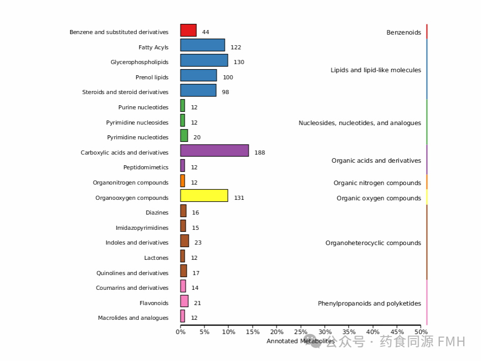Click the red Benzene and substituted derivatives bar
pyautogui.click(x=188, y=31)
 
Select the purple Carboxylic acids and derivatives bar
pyautogui.click(x=215, y=151)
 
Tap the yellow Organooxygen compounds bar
pyautogui.click(x=204, y=196)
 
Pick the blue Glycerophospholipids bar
pyautogui.click(x=204, y=61)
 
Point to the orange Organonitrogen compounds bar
pyautogui.click(x=183, y=181)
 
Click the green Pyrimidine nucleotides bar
pyautogui.click(x=184, y=136)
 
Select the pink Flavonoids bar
pyautogui.click(x=184, y=302)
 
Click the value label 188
pyautogui.click(x=260, y=153)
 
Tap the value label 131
pyautogui.click(x=239, y=198)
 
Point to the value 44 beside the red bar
pyautogui.click(x=205, y=32)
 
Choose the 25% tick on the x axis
pyautogui.click(x=300, y=332)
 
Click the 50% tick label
pyautogui.click(x=420, y=332)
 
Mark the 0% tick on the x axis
pyautogui.click(x=181, y=332)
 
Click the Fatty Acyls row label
pyautogui.click(x=153, y=47)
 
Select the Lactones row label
pyautogui.click(x=156, y=258)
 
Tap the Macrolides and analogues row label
pyautogui.click(x=133, y=318)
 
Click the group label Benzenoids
pyautogui.click(x=404, y=33)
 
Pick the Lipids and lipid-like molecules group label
pyautogui.click(x=376, y=70)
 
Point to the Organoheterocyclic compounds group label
pyautogui.click(x=373, y=243)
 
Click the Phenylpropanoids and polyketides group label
pyautogui.click(x=370, y=304)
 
